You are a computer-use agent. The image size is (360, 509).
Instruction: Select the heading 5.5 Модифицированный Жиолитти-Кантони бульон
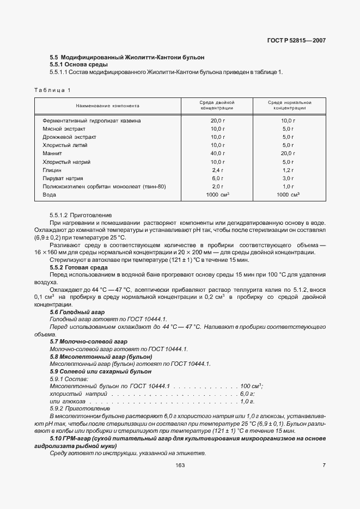coord(127,57)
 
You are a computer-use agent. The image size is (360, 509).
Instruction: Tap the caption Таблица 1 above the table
coord(52,89)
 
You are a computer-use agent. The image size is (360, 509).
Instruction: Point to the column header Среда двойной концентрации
coord(217,105)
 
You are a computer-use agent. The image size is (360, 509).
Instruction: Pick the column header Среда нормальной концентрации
coord(289,105)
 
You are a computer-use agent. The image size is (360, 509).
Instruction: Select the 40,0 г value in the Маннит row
coord(217,154)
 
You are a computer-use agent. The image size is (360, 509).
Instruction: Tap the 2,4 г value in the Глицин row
coord(217,170)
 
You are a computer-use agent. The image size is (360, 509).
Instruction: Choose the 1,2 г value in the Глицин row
coord(288,170)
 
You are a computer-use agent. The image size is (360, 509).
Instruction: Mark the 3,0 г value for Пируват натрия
coord(288,179)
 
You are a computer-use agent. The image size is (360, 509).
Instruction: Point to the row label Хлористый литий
coord(65,145)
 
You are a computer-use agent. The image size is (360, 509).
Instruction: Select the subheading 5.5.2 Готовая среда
coord(78,267)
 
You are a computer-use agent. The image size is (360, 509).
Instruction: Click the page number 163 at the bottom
coord(180,465)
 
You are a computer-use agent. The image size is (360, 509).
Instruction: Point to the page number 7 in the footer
coord(324,465)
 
